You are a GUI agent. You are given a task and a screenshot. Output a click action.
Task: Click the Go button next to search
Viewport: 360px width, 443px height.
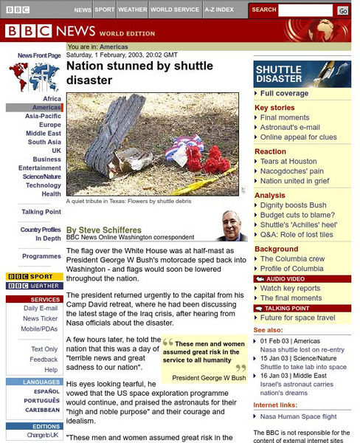343,10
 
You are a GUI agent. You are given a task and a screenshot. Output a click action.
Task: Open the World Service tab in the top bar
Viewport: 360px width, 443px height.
175,10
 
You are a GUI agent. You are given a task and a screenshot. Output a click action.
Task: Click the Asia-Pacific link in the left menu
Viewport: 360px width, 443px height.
43,117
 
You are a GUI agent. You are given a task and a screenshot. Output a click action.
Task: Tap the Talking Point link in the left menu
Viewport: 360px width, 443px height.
41,212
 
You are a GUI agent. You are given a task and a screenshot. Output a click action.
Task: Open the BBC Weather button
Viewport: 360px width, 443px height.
33,286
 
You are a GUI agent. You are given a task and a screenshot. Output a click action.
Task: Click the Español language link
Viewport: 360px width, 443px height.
45,392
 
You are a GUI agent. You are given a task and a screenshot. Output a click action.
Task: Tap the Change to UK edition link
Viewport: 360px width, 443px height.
44,436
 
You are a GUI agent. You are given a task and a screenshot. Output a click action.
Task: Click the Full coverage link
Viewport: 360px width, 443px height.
285,94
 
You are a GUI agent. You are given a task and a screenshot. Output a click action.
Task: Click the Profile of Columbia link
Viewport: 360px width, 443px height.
292,269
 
